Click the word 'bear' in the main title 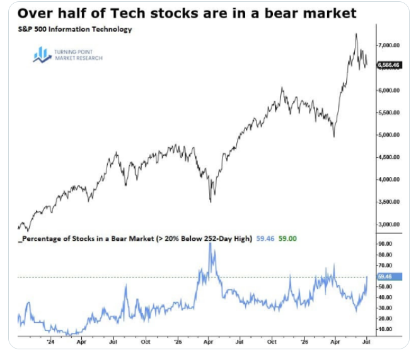(282, 13)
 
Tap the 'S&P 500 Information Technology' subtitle (75, 29)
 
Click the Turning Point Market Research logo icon (42, 55)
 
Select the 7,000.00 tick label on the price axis (389, 45)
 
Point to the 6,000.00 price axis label (389, 90)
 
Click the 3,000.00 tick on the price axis (389, 224)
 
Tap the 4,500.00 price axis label (389, 157)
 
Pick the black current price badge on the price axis (389, 65)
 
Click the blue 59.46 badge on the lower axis (389, 277)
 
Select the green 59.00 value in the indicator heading (287, 238)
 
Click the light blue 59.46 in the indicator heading (265, 238)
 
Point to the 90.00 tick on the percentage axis (385, 244)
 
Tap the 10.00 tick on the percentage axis (385, 329)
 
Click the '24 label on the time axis (50, 342)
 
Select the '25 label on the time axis (178, 342)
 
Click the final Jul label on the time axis (366, 342)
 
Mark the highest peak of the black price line (356, 33)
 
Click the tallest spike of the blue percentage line (210, 243)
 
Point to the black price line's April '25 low (211, 202)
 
